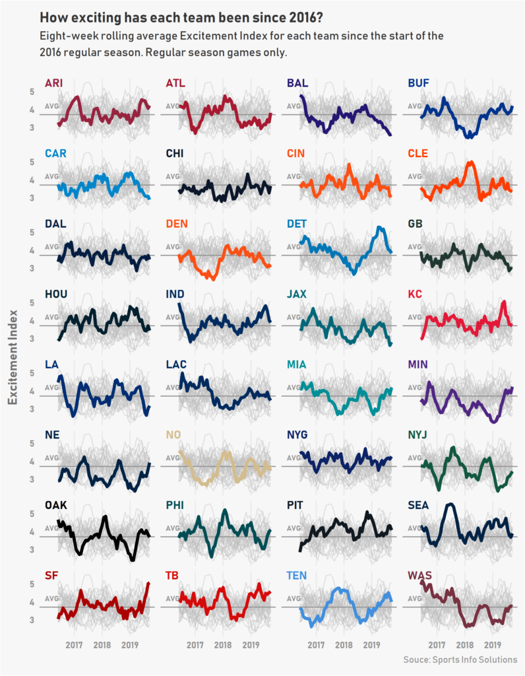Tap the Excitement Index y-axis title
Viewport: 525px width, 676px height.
click(x=13, y=356)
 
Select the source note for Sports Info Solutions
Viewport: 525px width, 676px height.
click(x=460, y=659)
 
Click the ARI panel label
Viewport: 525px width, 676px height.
click(x=53, y=83)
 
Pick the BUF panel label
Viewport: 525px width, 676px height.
click(x=418, y=83)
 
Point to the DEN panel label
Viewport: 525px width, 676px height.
click(x=176, y=224)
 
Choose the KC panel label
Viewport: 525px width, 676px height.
click(x=415, y=294)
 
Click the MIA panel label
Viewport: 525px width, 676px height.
click(x=296, y=364)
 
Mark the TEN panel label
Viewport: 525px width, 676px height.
click(x=297, y=575)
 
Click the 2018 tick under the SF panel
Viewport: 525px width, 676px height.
click(x=102, y=644)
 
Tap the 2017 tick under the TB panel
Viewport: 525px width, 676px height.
click(x=195, y=644)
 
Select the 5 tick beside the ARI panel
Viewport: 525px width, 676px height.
click(x=31, y=92)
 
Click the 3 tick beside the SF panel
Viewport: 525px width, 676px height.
click(x=31, y=620)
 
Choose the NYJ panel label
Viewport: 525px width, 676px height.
click(x=418, y=434)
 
